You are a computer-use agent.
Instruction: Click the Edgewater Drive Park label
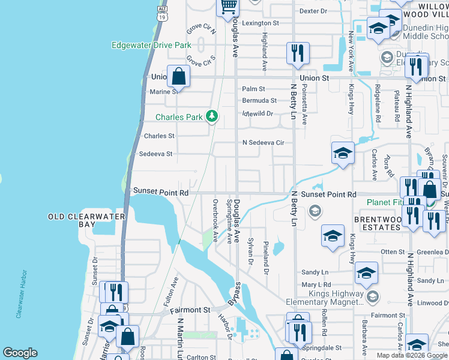click(x=151, y=45)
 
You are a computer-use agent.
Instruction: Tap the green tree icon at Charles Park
click(x=211, y=116)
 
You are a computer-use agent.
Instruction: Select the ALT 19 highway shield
click(x=161, y=14)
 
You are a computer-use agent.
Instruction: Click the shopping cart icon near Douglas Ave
click(x=228, y=7)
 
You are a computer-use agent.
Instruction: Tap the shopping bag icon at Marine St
click(x=178, y=76)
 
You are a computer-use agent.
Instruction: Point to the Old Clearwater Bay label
click(x=87, y=220)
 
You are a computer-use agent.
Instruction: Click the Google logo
click(x=20, y=353)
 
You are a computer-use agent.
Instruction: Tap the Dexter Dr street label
click(x=313, y=11)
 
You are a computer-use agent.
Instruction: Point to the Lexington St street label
click(x=261, y=23)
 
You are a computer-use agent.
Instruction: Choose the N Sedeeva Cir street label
click(x=263, y=143)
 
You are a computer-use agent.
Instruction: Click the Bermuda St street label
click(x=259, y=101)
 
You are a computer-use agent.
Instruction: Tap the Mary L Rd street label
click(x=316, y=284)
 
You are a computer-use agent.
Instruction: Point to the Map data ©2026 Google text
click(x=412, y=355)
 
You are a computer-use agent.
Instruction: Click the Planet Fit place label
click(x=385, y=202)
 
